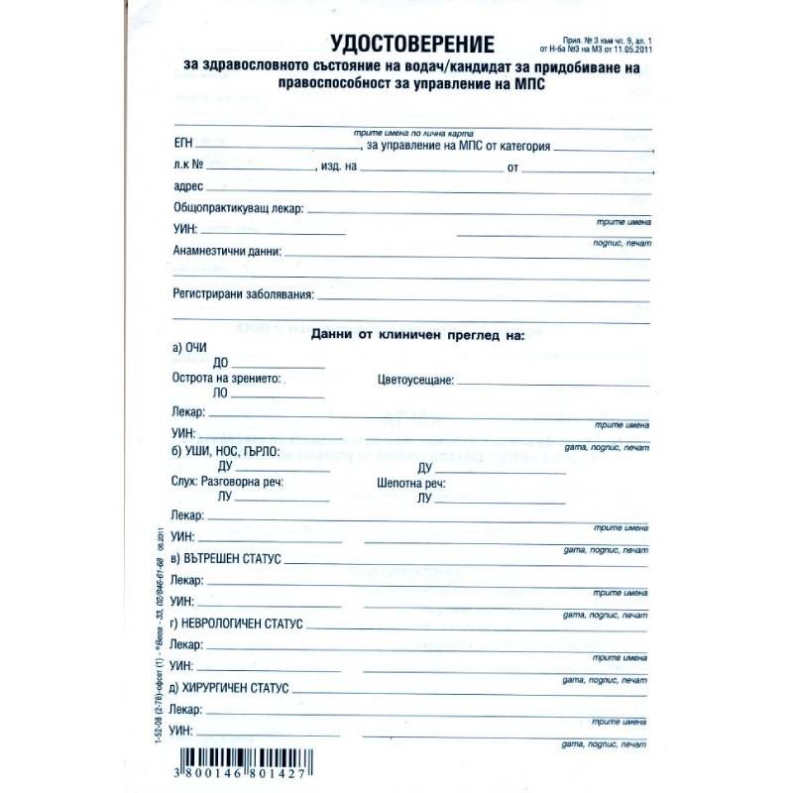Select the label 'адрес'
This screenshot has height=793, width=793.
click(x=187, y=186)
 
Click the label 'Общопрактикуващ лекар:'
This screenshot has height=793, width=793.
click(x=238, y=209)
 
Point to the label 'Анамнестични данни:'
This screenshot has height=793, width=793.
click(x=227, y=251)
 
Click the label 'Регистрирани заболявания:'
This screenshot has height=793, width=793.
click(x=243, y=294)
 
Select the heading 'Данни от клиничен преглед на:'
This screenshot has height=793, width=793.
click(x=416, y=336)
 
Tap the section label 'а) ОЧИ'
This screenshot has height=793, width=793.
click(x=190, y=348)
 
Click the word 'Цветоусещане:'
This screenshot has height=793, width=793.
click(x=415, y=380)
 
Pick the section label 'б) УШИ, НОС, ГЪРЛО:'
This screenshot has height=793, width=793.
click(x=225, y=451)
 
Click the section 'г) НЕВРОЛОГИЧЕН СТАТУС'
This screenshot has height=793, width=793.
click(x=235, y=624)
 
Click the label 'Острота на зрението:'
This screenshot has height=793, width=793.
click(x=226, y=380)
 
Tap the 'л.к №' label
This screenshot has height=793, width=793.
click(x=188, y=167)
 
